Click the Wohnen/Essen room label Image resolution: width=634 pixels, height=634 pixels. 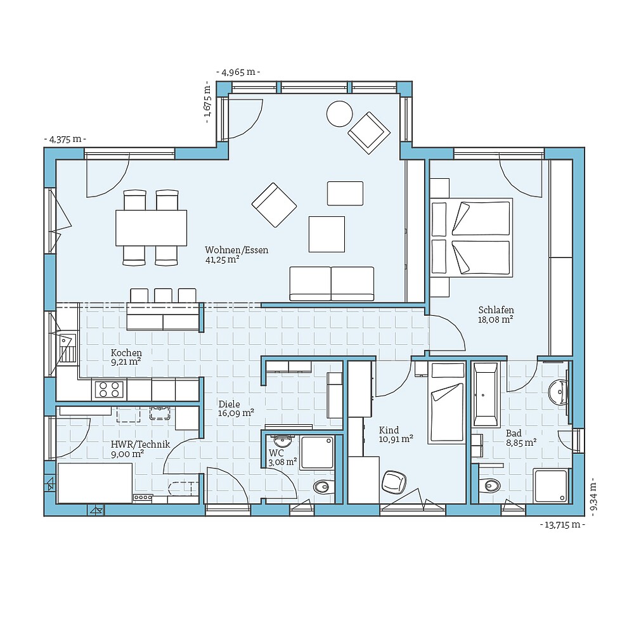tap(236, 250)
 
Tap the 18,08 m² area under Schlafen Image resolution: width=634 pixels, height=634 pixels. tap(495, 320)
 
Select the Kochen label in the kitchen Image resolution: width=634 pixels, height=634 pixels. tap(126, 353)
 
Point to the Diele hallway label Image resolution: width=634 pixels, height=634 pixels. tap(229, 404)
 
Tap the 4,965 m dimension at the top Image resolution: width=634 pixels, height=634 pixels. tap(238, 72)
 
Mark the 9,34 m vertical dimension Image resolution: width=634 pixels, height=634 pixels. tap(594, 496)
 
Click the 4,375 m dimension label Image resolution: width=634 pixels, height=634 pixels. tap(65, 139)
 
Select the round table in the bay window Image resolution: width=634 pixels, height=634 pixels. tap(339, 113)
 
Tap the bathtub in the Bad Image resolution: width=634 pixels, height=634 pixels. tap(486, 394)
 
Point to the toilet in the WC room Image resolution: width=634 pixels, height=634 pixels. tap(323, 487)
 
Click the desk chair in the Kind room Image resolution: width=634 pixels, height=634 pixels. tap(394, 481)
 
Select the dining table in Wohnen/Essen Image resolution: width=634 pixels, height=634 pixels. tap(151, 228)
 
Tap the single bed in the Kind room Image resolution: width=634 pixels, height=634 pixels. tap(447, 403)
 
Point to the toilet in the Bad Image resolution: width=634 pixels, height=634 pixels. tap(490, 486)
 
